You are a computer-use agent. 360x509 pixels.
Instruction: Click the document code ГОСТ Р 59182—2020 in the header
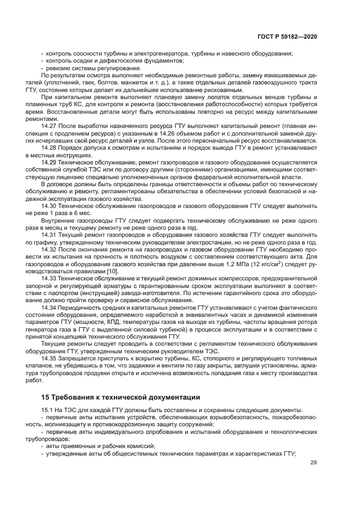pyautogui.click(x=288, y=36)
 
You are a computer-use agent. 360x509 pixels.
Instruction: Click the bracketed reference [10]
pyautogui.click(x=112, y=271)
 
